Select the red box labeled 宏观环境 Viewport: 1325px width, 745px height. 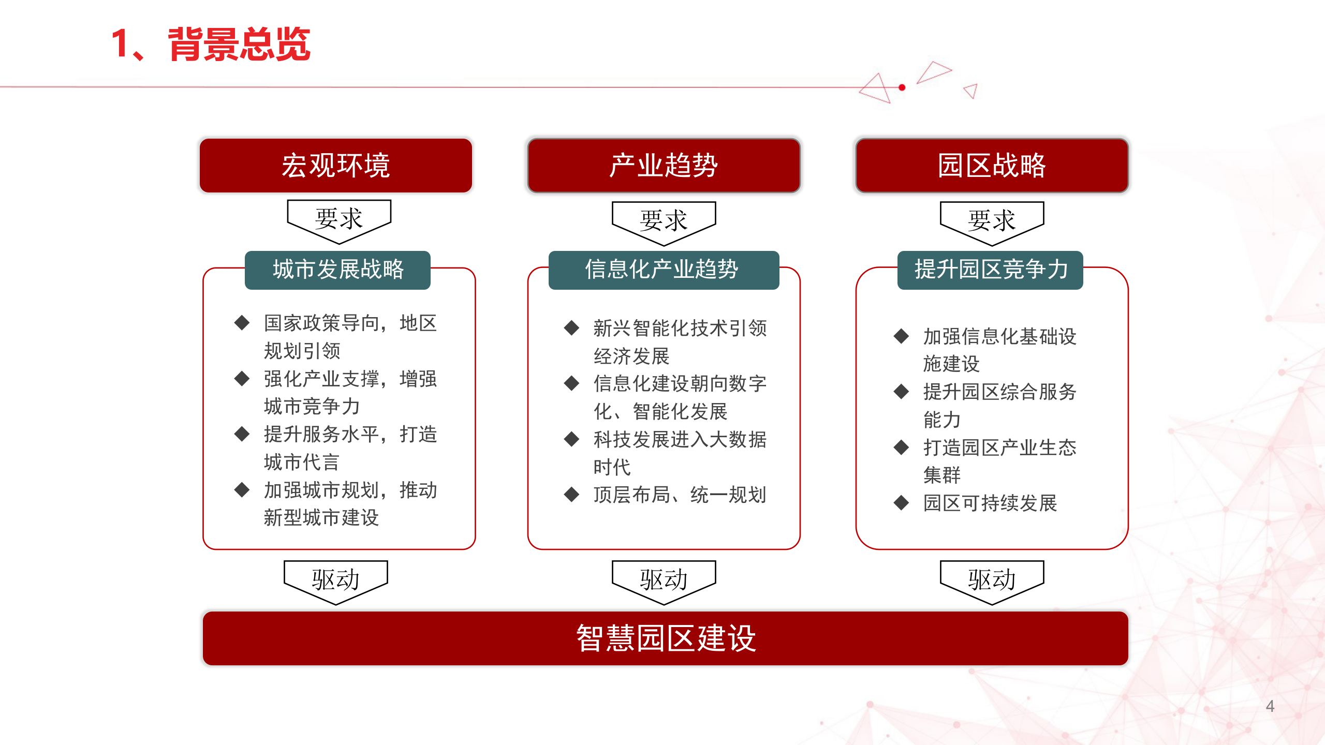pos(335,166)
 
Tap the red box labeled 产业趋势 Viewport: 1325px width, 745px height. pos(664,166)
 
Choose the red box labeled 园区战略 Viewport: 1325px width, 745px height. pos(992,166)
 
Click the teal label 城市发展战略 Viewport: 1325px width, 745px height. pos(337,270)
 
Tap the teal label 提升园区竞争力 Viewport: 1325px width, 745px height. pos(990,270)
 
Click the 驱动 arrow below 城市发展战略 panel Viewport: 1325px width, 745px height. pos(335,580)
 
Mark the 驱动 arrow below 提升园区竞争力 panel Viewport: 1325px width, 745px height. pos(992,580)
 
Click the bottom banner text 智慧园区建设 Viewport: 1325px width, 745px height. pos(666,638)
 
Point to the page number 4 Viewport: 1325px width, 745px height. pos(1270,706)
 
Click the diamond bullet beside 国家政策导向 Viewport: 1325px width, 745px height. pos(242,323)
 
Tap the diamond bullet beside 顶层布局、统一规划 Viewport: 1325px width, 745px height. pos(571,495)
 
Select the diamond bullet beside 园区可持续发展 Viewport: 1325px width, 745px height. pos(901,502)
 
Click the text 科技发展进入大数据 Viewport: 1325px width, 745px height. pos(680,439)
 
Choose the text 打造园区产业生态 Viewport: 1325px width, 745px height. pos(999,448)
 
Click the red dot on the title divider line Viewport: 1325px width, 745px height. pos(902,88)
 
